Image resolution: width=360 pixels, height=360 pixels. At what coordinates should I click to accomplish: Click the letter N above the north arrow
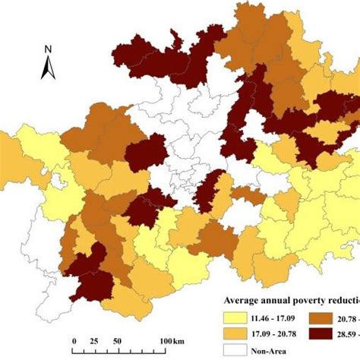click(x=46, y=50)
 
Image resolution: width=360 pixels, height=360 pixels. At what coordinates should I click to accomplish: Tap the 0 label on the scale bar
click(x=74, y=339)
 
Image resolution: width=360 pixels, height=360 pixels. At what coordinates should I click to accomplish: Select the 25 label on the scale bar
click(x=95, y=339)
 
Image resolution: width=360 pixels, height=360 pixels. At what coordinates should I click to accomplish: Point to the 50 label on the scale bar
click(x=118, y=339)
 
